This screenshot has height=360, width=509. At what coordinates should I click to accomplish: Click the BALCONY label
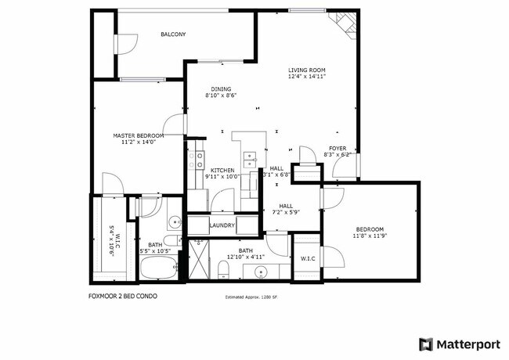[173, 34]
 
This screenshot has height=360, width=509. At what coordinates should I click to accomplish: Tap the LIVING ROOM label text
[306, 70]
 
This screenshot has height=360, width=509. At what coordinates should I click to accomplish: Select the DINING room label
[221, 89]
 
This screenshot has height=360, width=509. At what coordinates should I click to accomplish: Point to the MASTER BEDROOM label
[138, 135]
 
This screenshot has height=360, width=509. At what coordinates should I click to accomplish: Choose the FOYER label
[337, 148]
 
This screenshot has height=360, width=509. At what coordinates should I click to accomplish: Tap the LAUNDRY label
[222, 225]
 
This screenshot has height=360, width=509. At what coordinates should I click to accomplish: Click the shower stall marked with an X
[200, 261]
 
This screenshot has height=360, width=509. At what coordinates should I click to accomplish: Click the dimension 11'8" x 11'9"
[370, 235]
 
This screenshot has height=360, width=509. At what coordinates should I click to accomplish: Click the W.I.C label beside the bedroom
[307, 257]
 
